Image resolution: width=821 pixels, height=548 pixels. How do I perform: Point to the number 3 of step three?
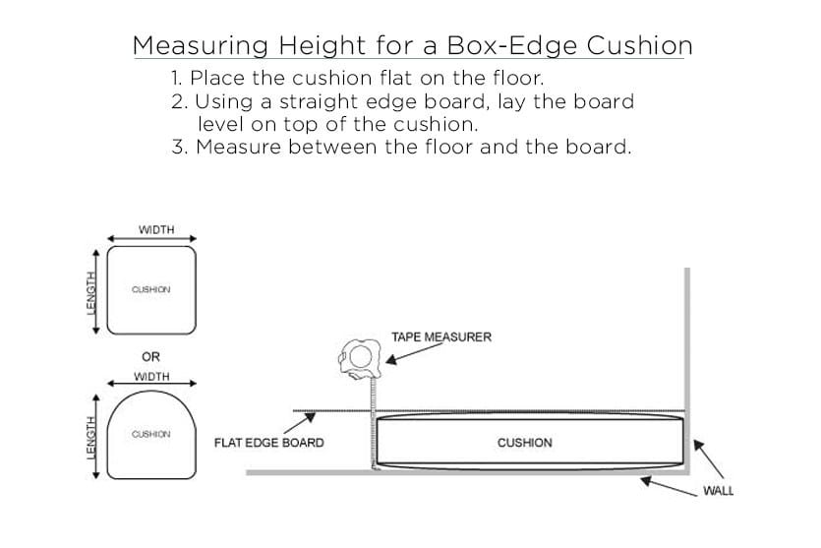tap(177, 149)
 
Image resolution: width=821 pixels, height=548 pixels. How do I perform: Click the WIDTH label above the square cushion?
tap(156, 229)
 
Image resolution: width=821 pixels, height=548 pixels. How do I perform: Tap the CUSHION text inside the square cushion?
tap(151, 289)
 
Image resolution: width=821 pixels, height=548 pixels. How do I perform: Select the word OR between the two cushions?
tap(151, 357)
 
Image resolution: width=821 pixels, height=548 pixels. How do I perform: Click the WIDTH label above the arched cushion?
tap(151, 377)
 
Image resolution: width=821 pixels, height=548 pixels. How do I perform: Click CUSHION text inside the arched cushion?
tap(151, 434)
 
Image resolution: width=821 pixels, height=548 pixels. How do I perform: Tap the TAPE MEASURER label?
tap(441, 337)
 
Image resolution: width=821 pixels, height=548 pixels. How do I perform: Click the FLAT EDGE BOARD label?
tap(268, 443)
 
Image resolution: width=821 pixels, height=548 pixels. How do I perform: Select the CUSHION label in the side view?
tap(525, 443)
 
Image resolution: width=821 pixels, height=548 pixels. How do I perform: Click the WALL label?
tap(718, 491)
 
